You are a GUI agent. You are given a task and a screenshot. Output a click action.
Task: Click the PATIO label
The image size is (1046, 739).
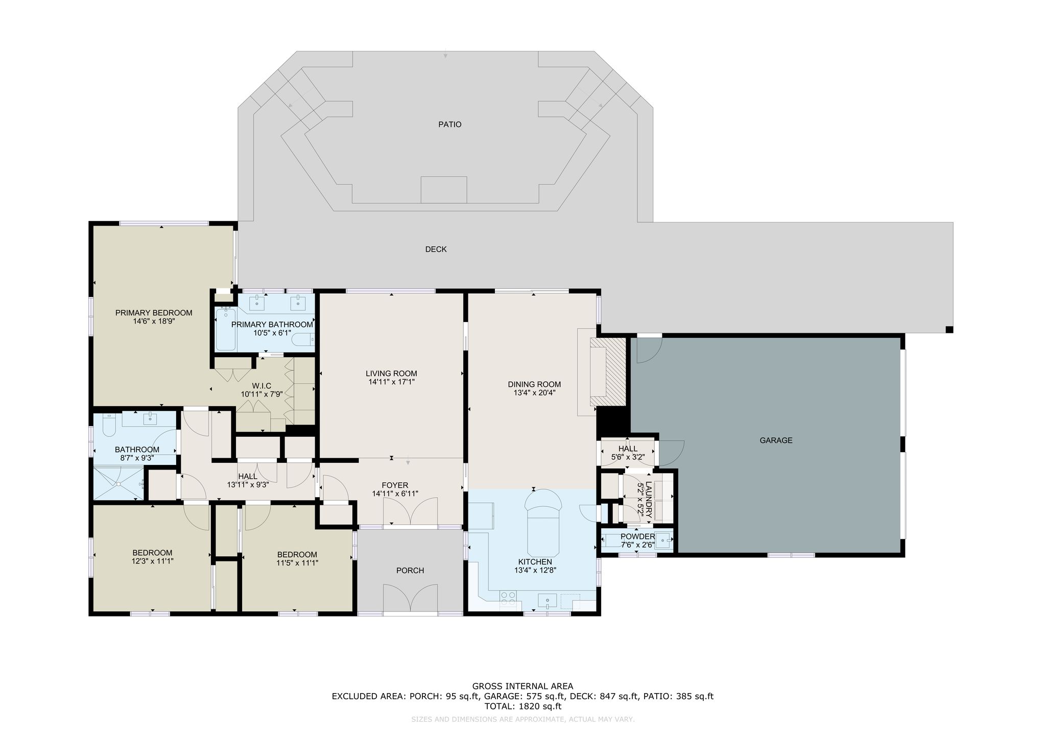point(449,125)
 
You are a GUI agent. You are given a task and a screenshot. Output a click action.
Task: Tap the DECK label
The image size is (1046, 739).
point(436,250)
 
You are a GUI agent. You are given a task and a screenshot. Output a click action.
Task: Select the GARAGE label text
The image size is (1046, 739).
point(776,440)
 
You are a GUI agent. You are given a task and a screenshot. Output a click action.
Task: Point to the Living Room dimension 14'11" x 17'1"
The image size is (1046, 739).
point(391,382)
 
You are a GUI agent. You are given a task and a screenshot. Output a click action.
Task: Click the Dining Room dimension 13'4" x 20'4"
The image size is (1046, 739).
point(534,393)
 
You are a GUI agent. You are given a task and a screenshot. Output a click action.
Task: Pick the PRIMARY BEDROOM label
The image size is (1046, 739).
point(154,313)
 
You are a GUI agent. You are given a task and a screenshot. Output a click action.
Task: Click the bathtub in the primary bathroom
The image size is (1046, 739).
point(225,329)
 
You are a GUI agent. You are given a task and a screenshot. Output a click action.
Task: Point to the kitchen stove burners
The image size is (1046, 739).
point(508,598)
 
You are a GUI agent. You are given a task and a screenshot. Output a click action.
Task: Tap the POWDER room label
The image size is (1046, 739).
point(637,536)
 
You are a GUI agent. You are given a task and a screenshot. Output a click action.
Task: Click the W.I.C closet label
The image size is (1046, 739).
point(261,386)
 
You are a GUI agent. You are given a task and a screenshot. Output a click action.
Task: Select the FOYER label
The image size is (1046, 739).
point(395,485)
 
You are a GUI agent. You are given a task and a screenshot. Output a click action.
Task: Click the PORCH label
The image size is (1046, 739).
point(410,571)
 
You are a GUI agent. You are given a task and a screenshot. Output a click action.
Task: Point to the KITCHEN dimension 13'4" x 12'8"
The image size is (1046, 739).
point(535,570)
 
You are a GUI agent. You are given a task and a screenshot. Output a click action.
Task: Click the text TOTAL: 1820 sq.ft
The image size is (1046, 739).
point(522,707)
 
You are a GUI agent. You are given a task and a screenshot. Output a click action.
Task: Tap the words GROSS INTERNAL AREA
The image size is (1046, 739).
point(522,686)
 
